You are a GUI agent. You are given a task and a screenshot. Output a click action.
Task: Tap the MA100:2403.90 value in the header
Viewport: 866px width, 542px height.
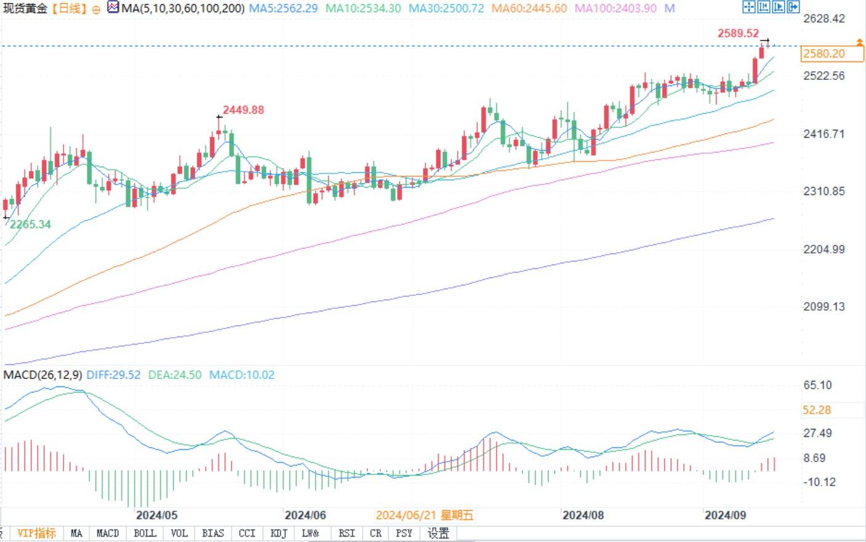click(615, 9)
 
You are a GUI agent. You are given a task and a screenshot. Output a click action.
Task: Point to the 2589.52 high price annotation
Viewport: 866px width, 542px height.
click(738, 33)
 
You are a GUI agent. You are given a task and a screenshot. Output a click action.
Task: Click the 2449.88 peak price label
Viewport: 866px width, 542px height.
click(243, 110)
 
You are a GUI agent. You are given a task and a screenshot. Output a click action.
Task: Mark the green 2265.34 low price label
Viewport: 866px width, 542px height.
click(30, 225)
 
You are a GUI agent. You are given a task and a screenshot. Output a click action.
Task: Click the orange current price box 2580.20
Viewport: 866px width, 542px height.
click(824, 54)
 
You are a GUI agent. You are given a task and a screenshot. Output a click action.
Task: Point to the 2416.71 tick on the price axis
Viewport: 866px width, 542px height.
click(824, 134)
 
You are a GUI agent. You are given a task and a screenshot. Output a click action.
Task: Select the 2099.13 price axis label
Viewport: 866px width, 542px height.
click(824, 306)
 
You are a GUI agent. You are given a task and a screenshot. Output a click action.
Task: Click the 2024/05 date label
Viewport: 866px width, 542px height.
click(156, 515)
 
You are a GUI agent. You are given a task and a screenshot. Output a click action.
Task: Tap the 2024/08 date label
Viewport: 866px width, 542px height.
click(583, 515)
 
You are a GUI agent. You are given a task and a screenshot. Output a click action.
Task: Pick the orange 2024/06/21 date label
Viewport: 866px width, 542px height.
click(425, 515)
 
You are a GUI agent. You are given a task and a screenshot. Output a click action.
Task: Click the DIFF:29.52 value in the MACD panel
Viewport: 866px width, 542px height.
click(113, 375)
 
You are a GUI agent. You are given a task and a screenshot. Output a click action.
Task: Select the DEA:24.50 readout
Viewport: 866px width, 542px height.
click(175, 375)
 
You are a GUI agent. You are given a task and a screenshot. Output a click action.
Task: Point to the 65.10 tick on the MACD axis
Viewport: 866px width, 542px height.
click(817, 385)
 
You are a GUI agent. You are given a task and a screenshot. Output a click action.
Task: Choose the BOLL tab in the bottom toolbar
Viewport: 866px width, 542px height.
click(145, 533)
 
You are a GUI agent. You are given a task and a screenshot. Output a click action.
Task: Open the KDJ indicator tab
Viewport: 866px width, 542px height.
click(279, 533)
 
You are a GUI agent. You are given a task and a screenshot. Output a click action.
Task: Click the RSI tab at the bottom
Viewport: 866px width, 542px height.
click(347, 533)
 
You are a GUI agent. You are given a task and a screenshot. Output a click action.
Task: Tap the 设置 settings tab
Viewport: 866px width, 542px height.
click(438, 533)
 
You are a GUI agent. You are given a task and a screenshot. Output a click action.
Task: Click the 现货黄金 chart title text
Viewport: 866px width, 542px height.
click(25, 9)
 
